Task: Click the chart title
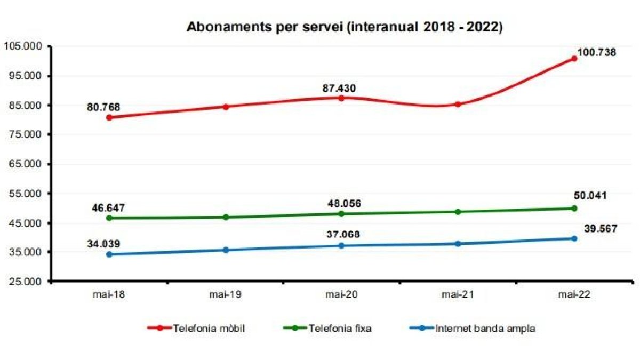pyautogui.click(x=345, y=28)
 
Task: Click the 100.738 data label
pyautogui.click(x=596, y=52)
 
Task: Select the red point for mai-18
pyautogui.click(x=109, y=117)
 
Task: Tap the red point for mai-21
pyautogui.click(x=458, y=104)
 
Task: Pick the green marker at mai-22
pyautogui.click(x=574, y=208)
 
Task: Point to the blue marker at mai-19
pyautogui.click(x=226, y=250)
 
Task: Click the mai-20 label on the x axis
pyautogui.click(x=341, y=294)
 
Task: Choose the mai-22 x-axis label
pyautogui.click(x=574, y=294)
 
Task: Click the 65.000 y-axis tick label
pyautogui.click(x=25, y=164)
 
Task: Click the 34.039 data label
pyautogui.click(x=104, y=244)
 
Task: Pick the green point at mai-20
pyautogui.click(x=341, y=214)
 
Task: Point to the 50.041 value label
pyautogui.click(x=590, y=195)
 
